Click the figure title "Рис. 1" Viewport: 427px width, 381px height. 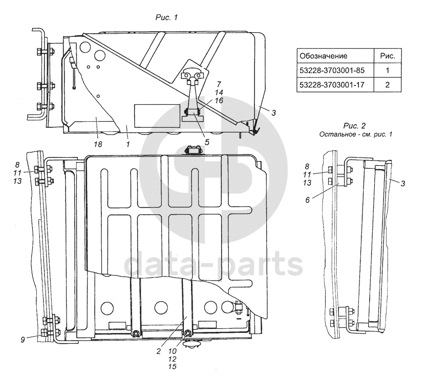point(166,17)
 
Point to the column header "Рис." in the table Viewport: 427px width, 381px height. point(388,56)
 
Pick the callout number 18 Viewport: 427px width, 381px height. point(98,144)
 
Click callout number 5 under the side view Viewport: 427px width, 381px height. point(207,142)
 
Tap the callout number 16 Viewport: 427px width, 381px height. point(219,101)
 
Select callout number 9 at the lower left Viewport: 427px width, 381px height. point(23,340)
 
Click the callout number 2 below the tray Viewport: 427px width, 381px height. point(159,351)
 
